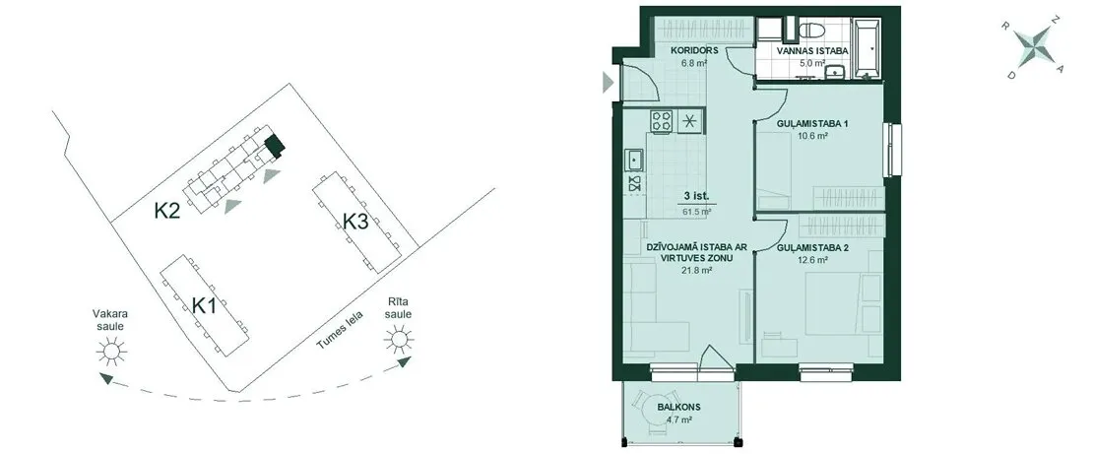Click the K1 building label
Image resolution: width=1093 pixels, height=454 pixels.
point(203,305)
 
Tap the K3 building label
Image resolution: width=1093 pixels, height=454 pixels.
point(355,221)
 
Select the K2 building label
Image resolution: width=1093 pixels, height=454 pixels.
point(166,211)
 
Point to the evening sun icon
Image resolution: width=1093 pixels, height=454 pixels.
point(111,351)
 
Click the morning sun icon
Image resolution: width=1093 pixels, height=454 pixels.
point(398,340)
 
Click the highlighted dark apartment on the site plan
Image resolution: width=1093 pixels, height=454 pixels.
point(275,146)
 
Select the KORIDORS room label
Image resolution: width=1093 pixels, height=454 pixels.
point(689,51)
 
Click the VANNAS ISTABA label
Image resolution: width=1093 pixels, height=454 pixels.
point(812,51)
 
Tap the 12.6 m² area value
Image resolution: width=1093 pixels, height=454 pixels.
point(812,259)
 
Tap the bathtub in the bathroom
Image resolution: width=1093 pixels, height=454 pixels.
point(868,46)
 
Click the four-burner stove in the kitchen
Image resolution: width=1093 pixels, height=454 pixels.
point(662,121)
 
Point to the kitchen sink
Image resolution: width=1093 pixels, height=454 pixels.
point(634,160)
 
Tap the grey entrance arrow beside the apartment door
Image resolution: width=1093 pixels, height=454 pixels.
point(608,83)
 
